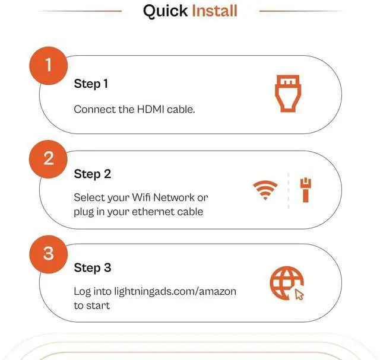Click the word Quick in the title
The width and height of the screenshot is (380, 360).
click(x=165, y=11)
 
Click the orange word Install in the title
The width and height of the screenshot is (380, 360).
click(x=214, y=11)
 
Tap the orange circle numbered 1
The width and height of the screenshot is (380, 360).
click(x=49, y=66)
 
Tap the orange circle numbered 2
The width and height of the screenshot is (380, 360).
click(x=48, y=159)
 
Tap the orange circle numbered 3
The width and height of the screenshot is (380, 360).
click(x=49, y=254)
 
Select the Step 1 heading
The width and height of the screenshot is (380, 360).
click(x=91, y=84)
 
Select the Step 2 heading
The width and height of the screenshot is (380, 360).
click(x=93, y=174)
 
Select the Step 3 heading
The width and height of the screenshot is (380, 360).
click(x=93, y=268)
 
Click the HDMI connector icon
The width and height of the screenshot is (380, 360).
click(x=288, y=94)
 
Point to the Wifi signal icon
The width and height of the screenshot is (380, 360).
click(x=265, y=190)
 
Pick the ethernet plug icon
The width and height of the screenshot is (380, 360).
click(x=306, y=190)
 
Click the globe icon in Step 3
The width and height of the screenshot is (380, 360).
click(x=287, y=283)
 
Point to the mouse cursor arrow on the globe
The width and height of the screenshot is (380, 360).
click(x=299, y=295)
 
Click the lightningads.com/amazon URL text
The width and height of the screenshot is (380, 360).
click(x=175, y=291)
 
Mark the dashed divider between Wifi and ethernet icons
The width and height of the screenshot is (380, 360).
click(x=289, y=190)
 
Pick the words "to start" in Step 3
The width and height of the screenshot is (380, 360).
click(x=92, y=305)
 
